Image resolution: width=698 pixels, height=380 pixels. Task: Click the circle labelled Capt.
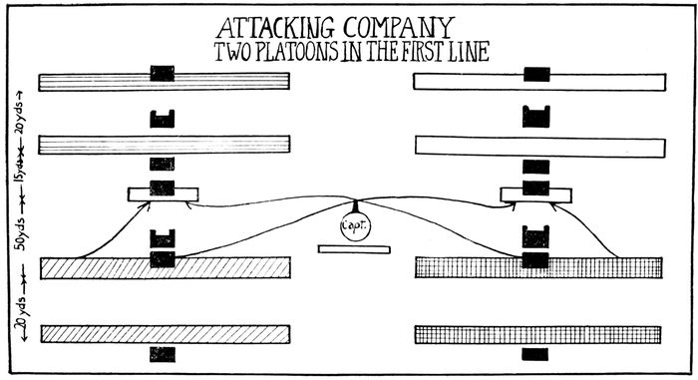point(354,226)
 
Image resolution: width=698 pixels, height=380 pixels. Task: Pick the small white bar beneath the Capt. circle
point(354,248)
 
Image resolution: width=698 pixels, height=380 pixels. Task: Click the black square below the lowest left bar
point(162,353)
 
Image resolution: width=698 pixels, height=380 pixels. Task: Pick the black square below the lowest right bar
point(535,353)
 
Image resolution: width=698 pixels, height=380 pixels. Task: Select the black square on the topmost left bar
point(162,74)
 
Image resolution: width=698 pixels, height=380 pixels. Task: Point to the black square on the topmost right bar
point(535,74)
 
